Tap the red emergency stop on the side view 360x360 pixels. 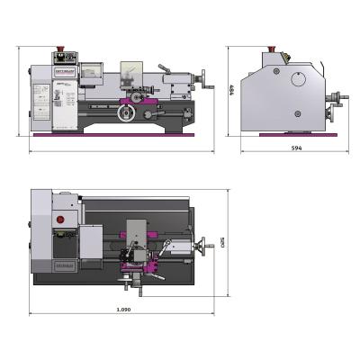tap(274, 48)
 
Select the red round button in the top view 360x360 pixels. tap(61, 219)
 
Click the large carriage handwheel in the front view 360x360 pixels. tap(128, 113)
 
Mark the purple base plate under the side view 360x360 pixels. tap(297, 135)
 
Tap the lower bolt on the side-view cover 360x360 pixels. tap(298, 113)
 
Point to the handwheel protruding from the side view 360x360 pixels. tap(337, 99)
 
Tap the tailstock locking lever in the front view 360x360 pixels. tap(165, 67)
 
